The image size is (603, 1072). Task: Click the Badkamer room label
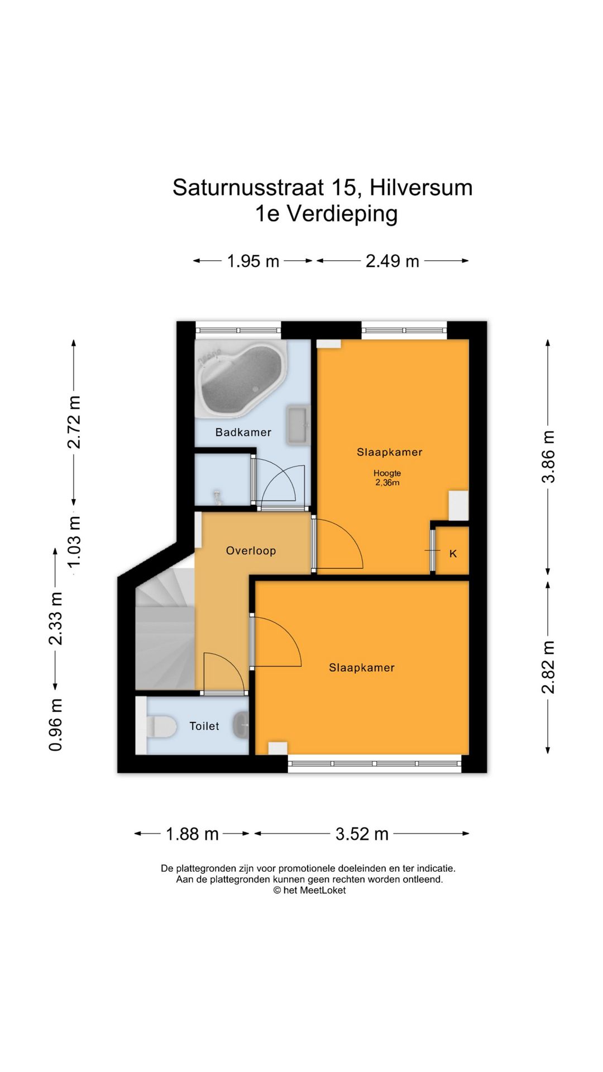click(243, 432)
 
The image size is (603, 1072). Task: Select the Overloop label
click(251, 551)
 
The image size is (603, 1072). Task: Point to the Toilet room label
click(204, 726)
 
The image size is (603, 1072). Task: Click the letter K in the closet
click(453, 553)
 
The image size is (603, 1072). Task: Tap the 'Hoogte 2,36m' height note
click(387, 478)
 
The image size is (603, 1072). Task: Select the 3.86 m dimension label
click(549, 456)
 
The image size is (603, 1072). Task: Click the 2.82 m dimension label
click(549, 667)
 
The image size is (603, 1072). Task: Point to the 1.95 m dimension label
click(253, 261)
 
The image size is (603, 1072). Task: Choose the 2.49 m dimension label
click(393, 261)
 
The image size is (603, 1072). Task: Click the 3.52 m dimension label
click(362, 834)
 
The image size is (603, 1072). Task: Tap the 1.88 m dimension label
click(192, 834)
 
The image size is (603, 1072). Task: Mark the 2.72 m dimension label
click(74, 422)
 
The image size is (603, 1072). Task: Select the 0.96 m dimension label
click(56, 725)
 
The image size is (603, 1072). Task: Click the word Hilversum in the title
click(421, 188)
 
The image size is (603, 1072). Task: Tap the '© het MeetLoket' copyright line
click(309, 891)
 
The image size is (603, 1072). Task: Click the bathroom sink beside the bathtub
click(298, 426)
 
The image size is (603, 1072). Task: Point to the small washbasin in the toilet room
click(242, 726)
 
